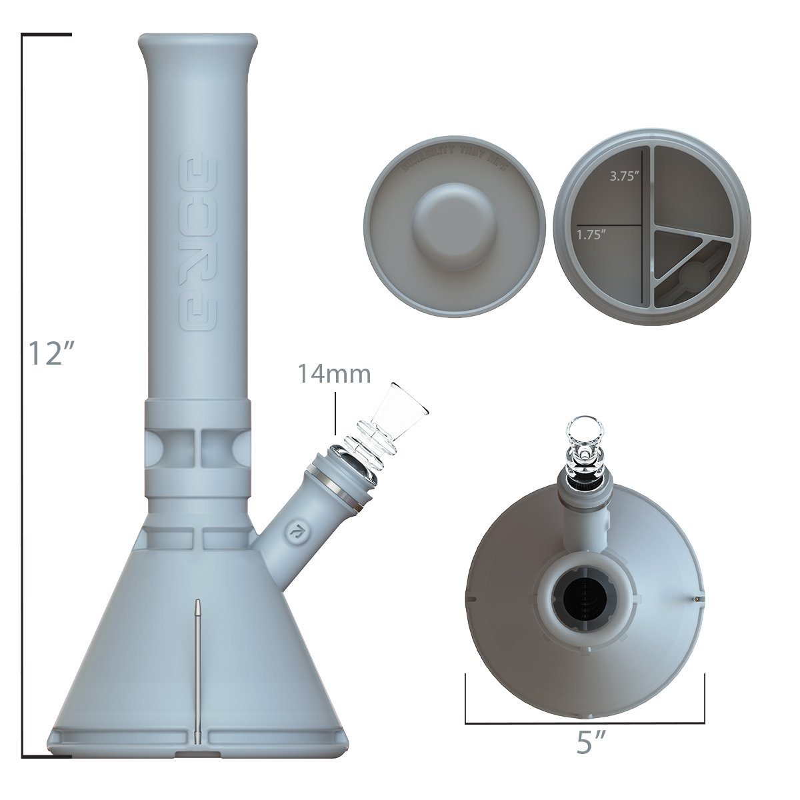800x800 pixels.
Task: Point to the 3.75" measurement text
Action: pos(625,177)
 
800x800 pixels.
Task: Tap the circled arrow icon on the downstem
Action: pos(292,531)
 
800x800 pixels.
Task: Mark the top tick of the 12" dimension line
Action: pos(47,33)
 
